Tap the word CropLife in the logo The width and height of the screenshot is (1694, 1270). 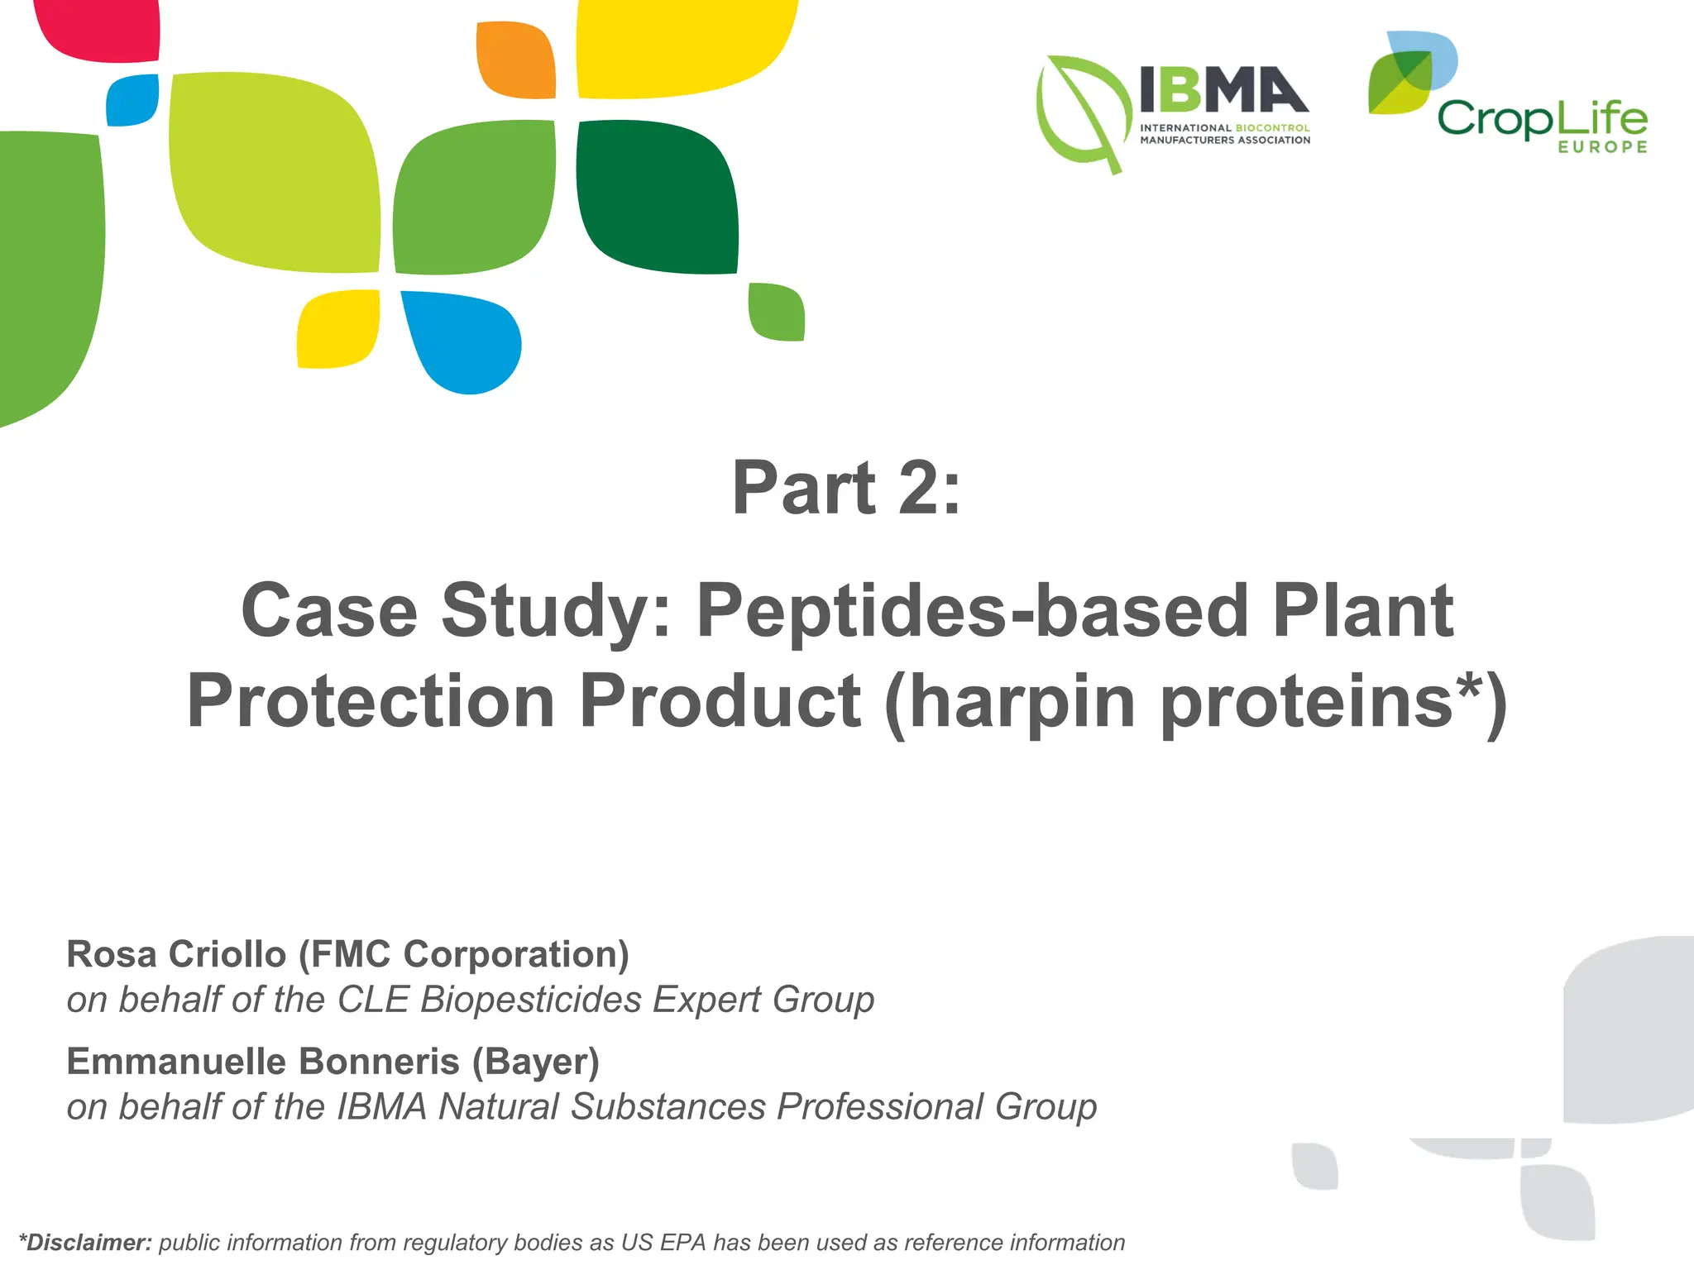coord(1541,119)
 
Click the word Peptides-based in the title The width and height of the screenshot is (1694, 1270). coord(971,611)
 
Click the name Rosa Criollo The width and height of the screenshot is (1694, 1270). coord(176,954)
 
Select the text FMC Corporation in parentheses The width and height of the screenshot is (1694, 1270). coord(463,954)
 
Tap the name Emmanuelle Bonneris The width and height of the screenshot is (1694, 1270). coord(262,1062)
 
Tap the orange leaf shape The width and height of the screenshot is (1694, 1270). coord(515,60)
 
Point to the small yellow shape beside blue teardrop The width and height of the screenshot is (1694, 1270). coord(337,328)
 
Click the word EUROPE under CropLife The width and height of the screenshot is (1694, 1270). coord(1602,147)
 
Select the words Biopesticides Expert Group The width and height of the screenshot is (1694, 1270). coord(647,1000)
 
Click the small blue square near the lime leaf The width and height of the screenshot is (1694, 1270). coord(132,100)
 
